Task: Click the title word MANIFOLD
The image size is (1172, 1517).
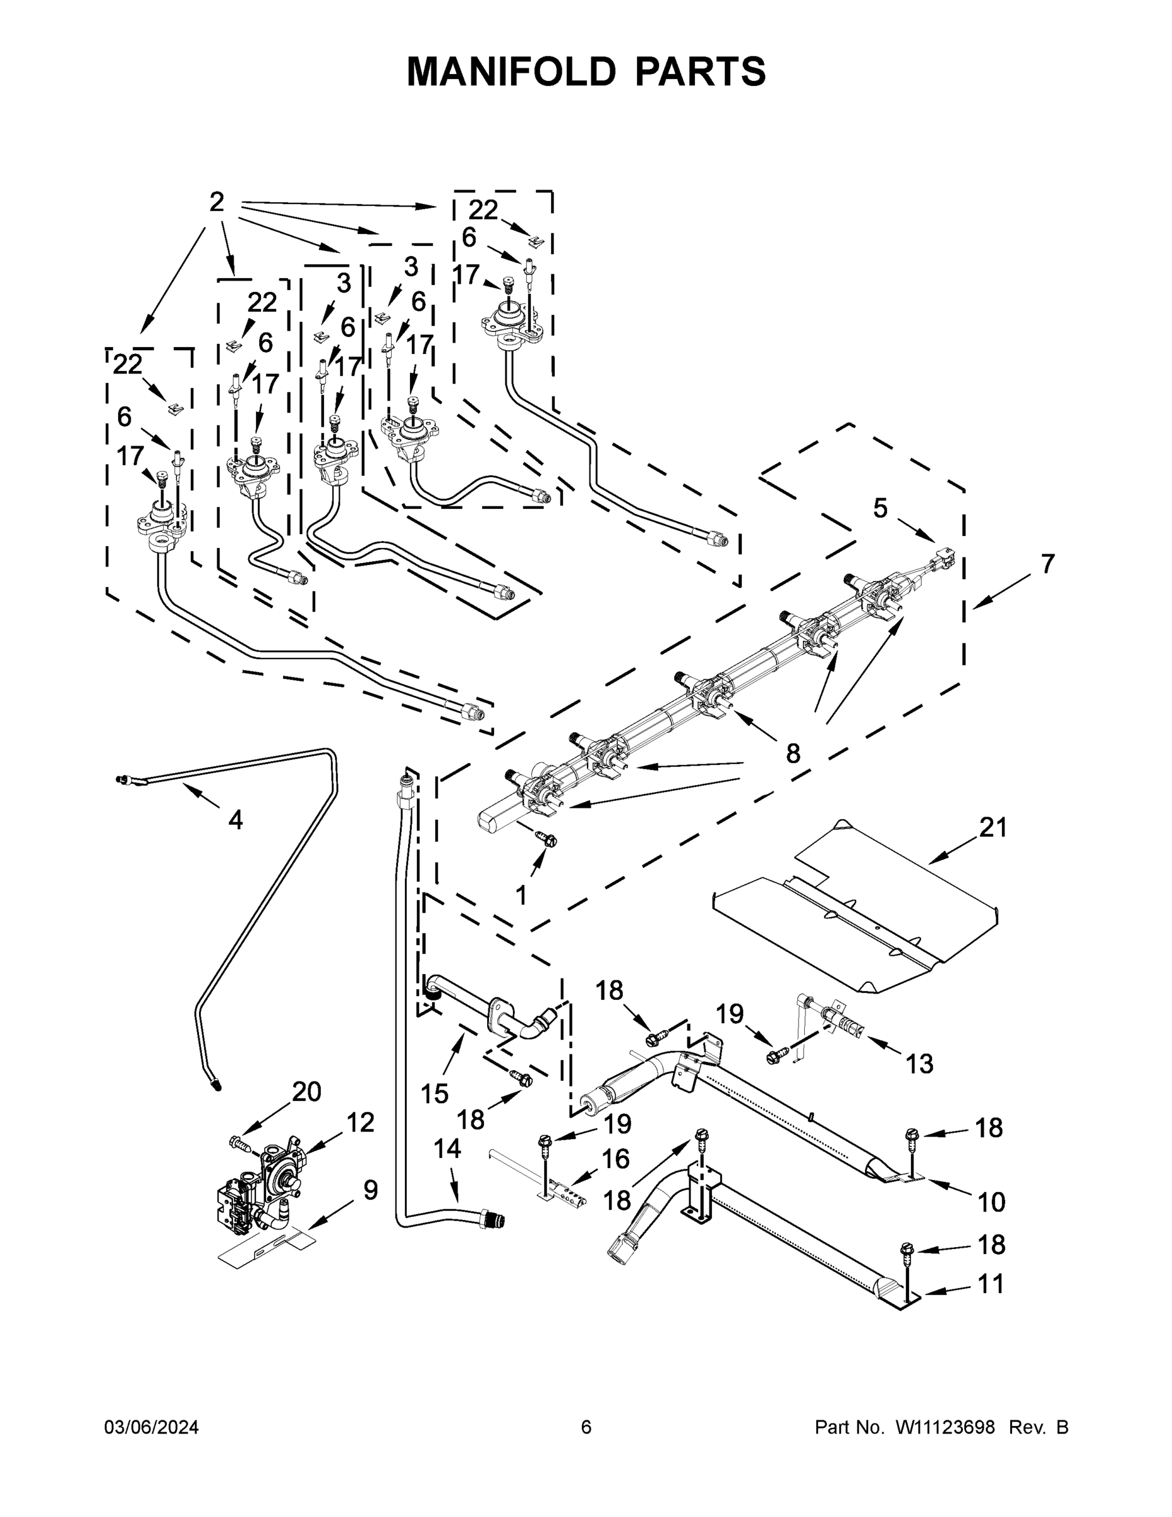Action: click(511, 71)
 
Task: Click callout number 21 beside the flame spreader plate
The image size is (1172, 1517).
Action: click(993, 827)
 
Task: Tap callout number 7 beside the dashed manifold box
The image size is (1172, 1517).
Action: click(1048, 564)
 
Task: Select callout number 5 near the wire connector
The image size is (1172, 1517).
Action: click(880, 508)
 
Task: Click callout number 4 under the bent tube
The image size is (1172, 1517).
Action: click(236, 820)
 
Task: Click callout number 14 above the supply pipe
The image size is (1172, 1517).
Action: click(447, 1168)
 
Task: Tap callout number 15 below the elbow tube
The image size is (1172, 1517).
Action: click(435, 1094)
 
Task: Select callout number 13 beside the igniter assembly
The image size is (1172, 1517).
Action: click(920, 1063)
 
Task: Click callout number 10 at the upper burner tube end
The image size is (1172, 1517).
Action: click(991, 1202)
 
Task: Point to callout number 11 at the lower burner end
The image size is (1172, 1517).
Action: click(991, 1284)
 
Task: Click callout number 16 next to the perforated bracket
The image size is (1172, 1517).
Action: click(616, 1159)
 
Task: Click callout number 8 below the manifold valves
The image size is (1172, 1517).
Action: click(793, 753)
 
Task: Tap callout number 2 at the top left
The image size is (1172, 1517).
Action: click(217, 202)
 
